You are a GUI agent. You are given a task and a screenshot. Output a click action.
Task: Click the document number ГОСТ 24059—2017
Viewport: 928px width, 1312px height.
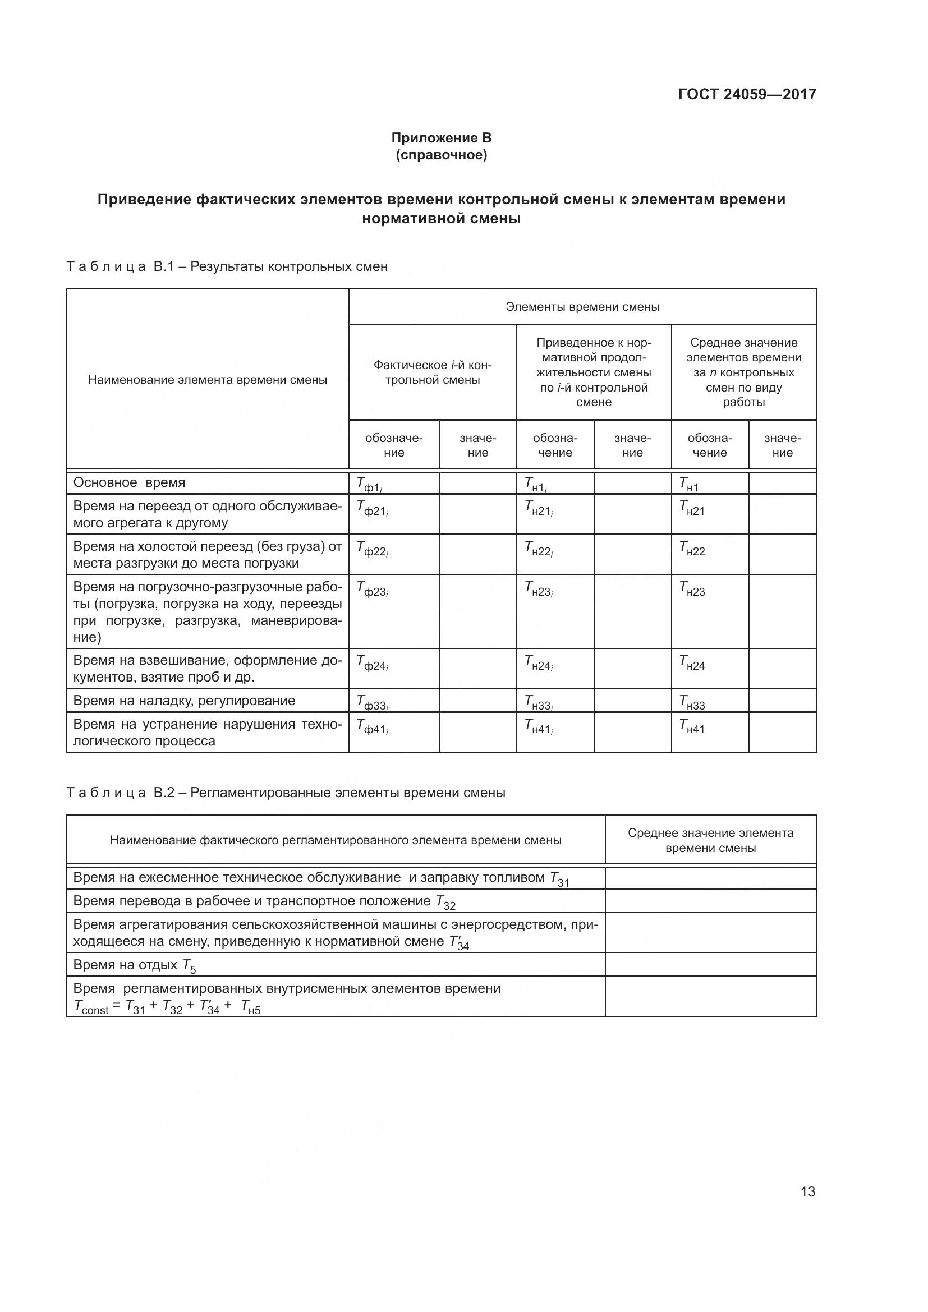pos(747,94)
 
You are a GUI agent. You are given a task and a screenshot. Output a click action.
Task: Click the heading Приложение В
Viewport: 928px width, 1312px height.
pos(441,138)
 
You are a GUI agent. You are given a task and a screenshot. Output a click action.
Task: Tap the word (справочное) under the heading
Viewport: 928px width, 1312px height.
pos(441,155)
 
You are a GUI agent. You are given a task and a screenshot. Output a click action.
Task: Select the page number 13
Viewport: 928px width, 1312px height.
pos(807,1191)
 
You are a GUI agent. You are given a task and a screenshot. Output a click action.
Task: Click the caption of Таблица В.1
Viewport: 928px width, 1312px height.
pos(227,266)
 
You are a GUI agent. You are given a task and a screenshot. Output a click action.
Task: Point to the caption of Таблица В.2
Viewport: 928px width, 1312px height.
pos(286,793)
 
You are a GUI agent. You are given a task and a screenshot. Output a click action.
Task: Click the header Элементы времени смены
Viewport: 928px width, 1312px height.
pos(582,307)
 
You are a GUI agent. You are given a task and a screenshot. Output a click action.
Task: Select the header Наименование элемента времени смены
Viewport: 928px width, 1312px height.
pos(208,380)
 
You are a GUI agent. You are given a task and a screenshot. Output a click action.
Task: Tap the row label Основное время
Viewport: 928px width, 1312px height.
pos(129,482)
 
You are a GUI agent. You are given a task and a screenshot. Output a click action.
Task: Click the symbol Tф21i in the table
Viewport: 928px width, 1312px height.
pos(373,508)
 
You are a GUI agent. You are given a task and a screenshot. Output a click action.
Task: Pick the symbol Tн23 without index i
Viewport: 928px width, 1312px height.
pos(692,588)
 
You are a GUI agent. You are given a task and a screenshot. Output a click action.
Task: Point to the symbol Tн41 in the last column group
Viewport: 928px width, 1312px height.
pos(692,726)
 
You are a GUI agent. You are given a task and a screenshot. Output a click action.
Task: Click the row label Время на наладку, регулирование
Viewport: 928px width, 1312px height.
pos(184,701)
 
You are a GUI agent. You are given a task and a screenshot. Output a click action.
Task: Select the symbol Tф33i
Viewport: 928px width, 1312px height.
pos(373,702)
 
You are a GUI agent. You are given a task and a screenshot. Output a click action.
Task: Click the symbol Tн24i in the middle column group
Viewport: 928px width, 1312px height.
pos(539,663)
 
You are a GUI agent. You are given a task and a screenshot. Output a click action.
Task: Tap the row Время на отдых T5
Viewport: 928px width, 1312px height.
pos(135,965)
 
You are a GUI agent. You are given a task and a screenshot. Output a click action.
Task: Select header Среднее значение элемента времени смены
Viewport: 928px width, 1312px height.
pos(710,840)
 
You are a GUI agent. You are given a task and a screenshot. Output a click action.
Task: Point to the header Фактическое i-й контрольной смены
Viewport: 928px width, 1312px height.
pos(432,372)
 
